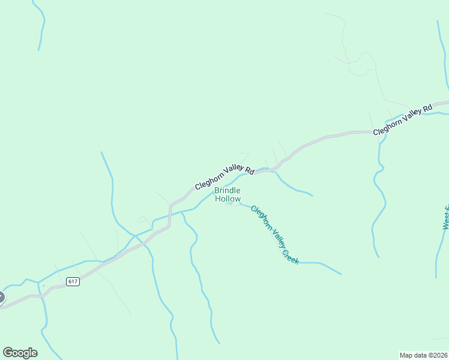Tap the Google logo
click(x=20, y=353)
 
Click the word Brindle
click(x=228, y=191)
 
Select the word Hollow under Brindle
click(x=228, y=199)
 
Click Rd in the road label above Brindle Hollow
click(x=249, y=171)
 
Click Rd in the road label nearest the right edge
click(x=427, y=109)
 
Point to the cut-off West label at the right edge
click(x=446, y=217)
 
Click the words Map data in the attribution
click(x=411, y=355)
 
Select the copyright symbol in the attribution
click(x=427, y=355)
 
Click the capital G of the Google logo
click(x=8, y=352)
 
